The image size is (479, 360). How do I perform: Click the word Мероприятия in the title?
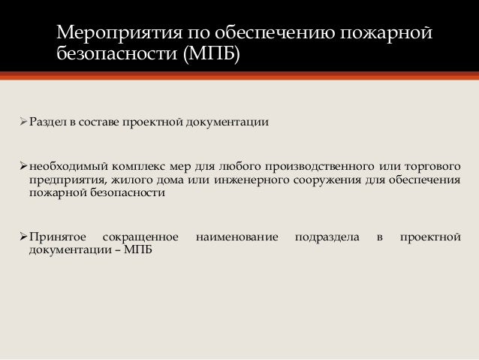pyautogui.click(x=106, y=34)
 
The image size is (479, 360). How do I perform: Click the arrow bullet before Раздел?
pyautogui.click(x=24, y=121)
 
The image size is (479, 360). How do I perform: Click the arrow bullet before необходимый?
pyautogui.click(x=24, y=166)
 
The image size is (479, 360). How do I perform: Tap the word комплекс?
pyautogui.click(x=143, y=166)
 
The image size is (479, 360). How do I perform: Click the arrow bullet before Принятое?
pyautogui.click(x=24, y=237)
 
